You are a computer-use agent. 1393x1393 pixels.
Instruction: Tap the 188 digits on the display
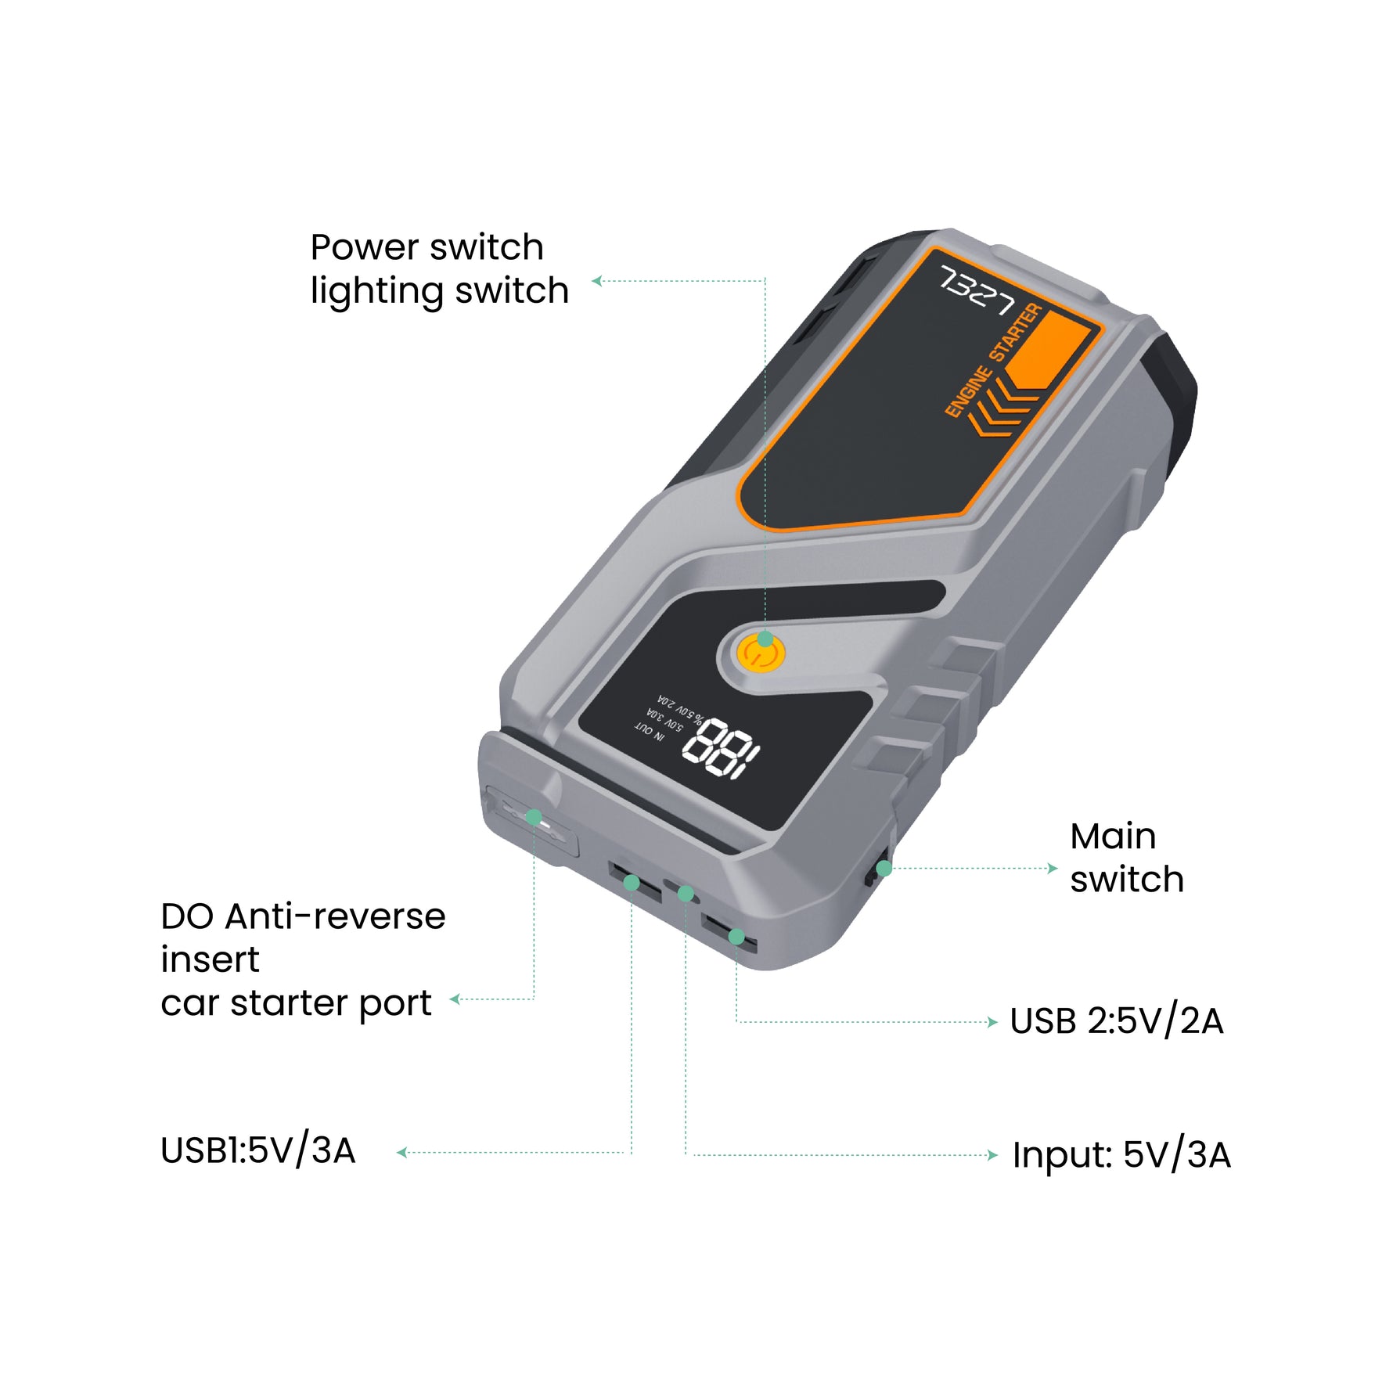coord(720,750)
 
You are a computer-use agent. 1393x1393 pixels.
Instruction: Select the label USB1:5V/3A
coord(258,1151)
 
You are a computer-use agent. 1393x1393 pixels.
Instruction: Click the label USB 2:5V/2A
coord(1116,1021)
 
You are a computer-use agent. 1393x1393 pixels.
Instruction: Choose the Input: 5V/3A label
coord(1121,1155)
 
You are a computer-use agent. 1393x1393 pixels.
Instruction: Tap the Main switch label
coord(1126,858)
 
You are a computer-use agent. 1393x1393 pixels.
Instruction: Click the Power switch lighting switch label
coord(439,268)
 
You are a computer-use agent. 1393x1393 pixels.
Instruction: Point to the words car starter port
coord(296,1002)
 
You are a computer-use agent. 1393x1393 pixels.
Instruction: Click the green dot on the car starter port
coord(534,818)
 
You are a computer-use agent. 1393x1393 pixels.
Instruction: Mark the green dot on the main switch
coord(884,869)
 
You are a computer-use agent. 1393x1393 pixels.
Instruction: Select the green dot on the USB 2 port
coord(736,937)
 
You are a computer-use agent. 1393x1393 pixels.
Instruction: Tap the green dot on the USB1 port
coord(632,884)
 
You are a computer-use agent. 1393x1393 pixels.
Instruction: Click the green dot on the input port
coord(686,894)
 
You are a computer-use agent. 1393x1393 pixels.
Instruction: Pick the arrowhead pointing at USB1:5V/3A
coord(401,1153)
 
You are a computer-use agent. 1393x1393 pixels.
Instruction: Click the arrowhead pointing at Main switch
coord(1053,868)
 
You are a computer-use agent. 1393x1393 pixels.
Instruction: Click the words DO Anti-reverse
coord(303,916)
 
